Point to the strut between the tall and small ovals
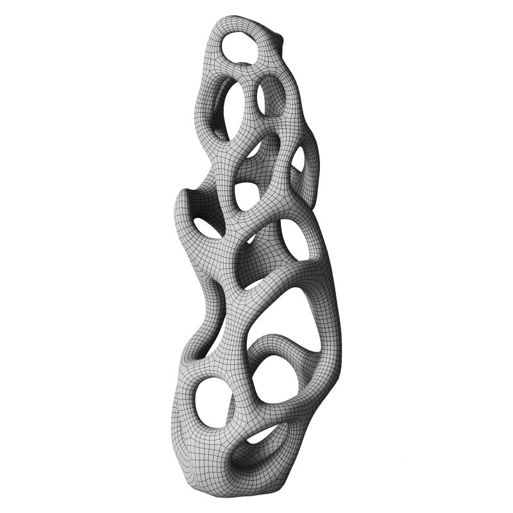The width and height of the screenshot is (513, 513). coord(252,103)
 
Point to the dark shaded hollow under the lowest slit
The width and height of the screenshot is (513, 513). coord(247,462)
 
